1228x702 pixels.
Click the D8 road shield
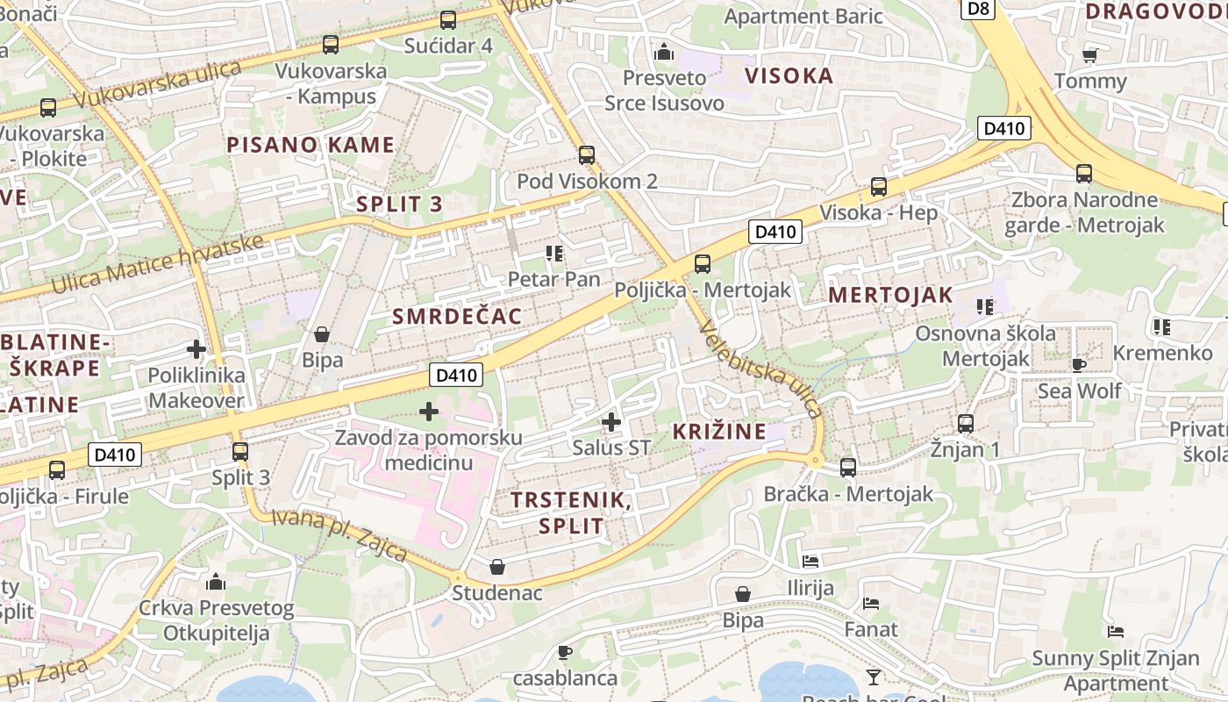(x=979, y=9)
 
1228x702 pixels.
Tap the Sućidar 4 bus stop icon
(x=448, y=19)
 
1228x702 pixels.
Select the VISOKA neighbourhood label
(x=789, y=75)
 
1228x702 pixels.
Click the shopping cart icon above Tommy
(x=1090, y=55)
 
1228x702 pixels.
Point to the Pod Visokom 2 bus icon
(x=587, y=155)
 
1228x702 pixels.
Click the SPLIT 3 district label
(x=399, y=204)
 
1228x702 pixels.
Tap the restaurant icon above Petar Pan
(x=554, y=254)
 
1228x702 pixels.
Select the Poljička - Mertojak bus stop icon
(x=702, y=263)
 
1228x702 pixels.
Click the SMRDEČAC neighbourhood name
(x=457, y=316)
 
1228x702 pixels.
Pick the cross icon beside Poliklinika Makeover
(x=196, y=349)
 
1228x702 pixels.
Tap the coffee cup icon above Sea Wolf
(x=1078, y=365)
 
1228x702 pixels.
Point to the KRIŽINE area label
(x=718, y=431)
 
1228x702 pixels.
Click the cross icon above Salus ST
(x=611, y=422)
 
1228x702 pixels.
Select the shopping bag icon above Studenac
(x=497, y=567)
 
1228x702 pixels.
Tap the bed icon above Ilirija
(x=810, y=561)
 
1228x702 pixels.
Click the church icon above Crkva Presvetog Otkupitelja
(x=216, y=582)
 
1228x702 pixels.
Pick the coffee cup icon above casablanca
(x=565, y=652)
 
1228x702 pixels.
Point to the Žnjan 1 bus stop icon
(x=966, y=424)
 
